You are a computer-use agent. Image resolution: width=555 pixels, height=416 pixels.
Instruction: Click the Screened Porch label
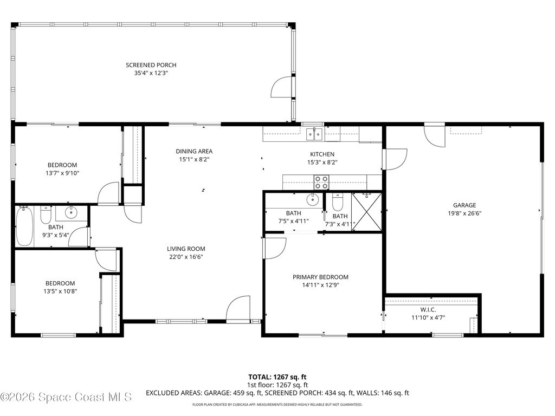point(151,65)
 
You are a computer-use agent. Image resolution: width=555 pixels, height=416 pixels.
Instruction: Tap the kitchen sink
point(314,134)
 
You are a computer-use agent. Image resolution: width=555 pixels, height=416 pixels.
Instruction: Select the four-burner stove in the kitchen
point(321,182)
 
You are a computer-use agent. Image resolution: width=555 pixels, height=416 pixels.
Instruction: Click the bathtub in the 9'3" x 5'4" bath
point(24,226)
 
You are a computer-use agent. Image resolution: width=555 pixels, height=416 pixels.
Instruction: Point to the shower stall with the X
point(367,212)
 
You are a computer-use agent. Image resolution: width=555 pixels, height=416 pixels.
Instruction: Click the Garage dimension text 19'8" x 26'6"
point(464,213)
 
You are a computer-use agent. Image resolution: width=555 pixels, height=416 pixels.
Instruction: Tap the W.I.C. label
point(428,309)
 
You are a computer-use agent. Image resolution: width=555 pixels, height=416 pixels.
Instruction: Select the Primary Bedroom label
point(320,277)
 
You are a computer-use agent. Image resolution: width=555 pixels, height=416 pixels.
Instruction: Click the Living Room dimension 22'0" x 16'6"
point(186,257)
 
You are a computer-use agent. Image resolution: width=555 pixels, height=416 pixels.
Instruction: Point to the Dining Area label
point(194,152)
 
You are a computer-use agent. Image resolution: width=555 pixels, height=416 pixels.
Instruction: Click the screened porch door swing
point(281,87)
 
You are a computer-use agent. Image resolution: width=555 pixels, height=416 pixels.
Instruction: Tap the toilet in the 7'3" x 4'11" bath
point(338,201)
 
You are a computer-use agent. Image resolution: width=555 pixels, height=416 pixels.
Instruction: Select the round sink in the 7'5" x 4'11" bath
point(313,199)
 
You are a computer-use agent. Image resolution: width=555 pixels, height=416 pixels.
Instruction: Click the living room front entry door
point(238,308)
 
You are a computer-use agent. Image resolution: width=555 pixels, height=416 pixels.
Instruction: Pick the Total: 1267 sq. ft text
point(277,377)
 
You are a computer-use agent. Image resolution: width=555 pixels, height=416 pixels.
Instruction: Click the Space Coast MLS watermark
point(66,397)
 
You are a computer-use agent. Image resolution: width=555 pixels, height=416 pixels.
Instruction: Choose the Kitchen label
point(322,154)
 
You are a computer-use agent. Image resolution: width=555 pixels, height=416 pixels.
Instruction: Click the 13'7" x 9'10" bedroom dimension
point(62,173)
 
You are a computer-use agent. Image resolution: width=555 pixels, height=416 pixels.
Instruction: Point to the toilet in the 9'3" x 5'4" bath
point(46,214)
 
